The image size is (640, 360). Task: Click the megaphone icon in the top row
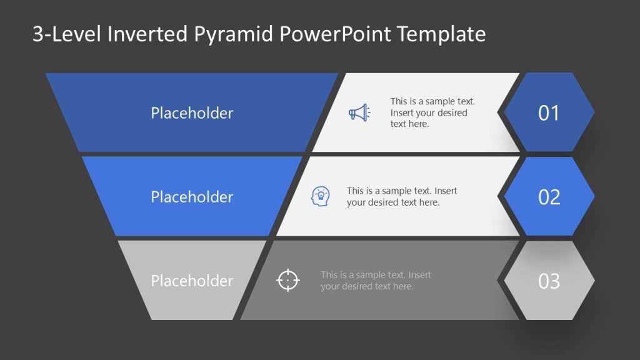coord(359,112)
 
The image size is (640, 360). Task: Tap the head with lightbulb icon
coord(320,197)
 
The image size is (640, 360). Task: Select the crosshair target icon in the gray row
coord(288,280)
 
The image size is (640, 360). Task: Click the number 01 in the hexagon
coord(549,113)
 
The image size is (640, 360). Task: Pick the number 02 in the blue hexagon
coord(549,197)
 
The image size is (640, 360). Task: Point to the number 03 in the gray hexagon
coord(549,281)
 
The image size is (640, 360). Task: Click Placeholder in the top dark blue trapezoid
coord(192,113)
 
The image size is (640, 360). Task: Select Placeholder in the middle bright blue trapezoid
coord(192,197)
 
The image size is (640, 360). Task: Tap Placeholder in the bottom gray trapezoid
coord(192,281)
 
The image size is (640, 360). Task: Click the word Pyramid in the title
coord(241,34)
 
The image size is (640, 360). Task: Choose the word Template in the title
coord(444,34)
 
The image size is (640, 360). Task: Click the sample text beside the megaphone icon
coord(432,112)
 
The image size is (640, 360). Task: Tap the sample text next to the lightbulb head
coord(402,197)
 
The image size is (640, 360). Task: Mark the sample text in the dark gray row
coord(376,281)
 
